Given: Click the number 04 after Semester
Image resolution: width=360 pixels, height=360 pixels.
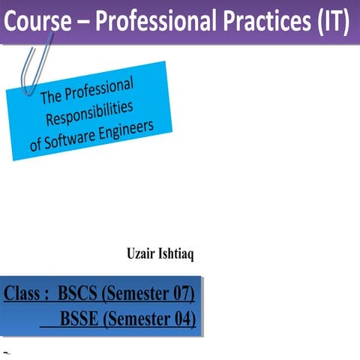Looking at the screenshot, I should [184, 320].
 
